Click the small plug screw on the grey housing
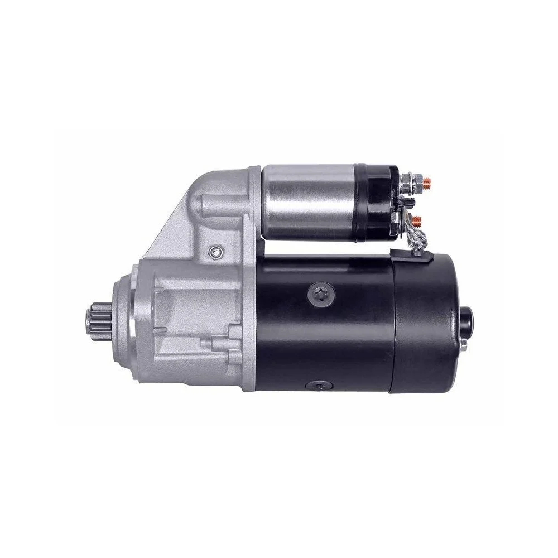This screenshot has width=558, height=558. tap(214, 253)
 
